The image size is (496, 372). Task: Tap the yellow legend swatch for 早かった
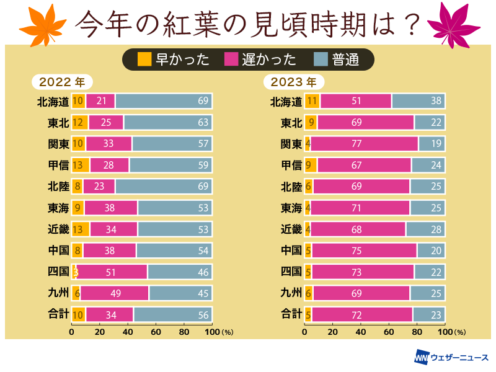[144, 59]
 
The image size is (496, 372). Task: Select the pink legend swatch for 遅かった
[231, 59]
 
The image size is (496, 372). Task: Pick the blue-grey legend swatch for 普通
[321, 59]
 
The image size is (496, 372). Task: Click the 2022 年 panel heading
[62, 82]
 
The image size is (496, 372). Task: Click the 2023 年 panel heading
[294, 82]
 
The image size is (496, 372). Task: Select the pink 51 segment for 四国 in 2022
[112, 272]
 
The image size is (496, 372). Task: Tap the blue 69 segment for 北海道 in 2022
[164, 101]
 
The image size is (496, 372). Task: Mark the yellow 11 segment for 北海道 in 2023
[312, 101]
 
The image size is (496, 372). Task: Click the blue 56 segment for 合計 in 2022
[173, 314]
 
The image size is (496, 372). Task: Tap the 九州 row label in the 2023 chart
[291, 293]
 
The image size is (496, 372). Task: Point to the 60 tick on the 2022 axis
[156, 332]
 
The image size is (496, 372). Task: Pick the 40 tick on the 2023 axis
[361, 332]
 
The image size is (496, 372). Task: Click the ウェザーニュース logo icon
[422, 358]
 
